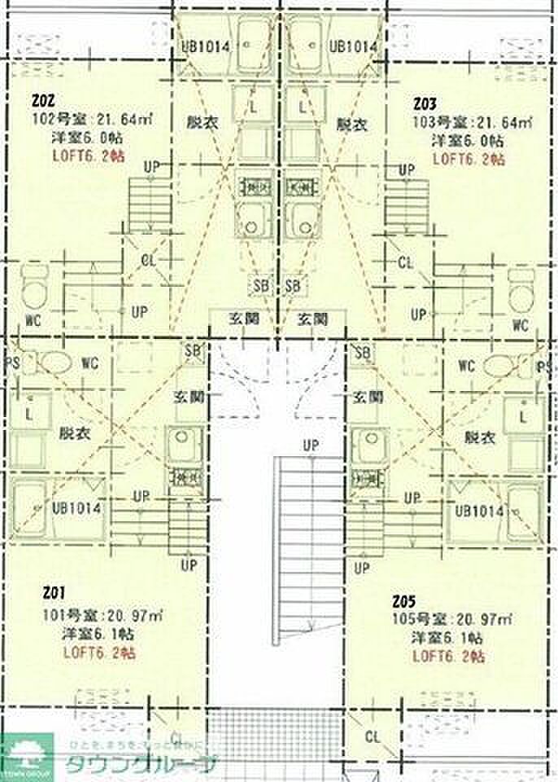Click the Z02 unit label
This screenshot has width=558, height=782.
tap(44, 103)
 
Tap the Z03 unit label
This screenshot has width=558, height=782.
tap(425, 104)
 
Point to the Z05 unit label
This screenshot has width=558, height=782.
tap(404, 602)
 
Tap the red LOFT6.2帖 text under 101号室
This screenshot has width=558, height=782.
tap(99, 653)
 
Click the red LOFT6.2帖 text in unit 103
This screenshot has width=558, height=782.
tap(468, 159)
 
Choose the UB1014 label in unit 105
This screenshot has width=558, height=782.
tap(481, 511)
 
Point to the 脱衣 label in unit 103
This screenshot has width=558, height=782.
tap(351, 125)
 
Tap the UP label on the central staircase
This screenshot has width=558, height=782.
tap(311, 445)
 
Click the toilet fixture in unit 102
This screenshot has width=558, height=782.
tap(34, 290)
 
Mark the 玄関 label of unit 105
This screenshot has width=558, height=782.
tap(368, 398)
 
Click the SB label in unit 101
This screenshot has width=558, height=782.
tap(193, 351)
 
